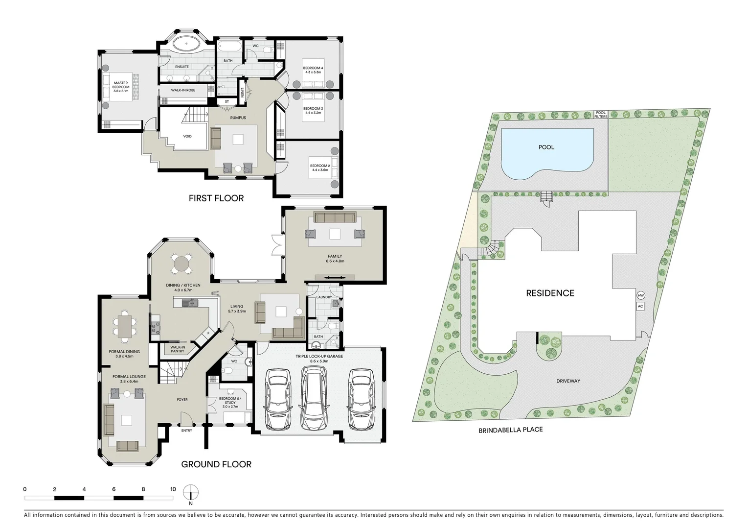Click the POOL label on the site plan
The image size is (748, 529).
(546, 147)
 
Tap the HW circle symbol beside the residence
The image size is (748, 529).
(640, 295)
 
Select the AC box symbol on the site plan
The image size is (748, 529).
(640, 307)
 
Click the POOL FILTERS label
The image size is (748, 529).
(600, 115)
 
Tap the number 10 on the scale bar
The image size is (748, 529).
(173, 489)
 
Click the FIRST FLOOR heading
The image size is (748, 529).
(216, 198)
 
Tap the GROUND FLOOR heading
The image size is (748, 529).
(216, 464)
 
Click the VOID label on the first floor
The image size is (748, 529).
(187, 136)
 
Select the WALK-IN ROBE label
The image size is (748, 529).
(183, 90)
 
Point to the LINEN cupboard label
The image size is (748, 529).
(242, 93)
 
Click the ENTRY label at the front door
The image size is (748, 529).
(186, 431)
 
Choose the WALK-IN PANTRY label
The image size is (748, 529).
(178, 349)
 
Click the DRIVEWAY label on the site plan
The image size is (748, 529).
(568, 381)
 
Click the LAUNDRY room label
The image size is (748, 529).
(324, 297)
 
